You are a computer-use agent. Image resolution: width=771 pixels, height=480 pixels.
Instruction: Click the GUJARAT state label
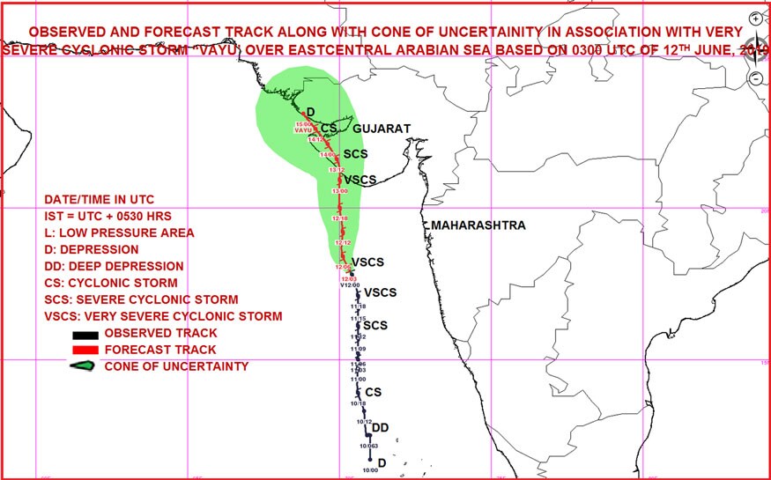pyautogui.click(x=382, y=129)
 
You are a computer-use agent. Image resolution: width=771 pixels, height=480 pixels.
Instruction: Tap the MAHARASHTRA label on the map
pyautogui.click(x=478, y=225)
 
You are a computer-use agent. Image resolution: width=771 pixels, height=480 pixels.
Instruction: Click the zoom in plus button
pyautogui.click(x=755, y=18)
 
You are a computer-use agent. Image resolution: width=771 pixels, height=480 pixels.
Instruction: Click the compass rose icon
pyautogui.click(x=755, y=48)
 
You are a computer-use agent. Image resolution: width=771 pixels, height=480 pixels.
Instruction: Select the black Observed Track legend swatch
pyautogui.click(x=85, y=334)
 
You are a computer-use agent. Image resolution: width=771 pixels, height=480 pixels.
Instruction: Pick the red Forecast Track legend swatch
pyautogui.click(x=85, y=351)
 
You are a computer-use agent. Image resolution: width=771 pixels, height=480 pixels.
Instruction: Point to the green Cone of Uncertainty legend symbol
pyautogui.click(x=85, y=366)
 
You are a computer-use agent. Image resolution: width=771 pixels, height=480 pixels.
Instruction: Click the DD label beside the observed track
pyautogui.click(x=381, y=428)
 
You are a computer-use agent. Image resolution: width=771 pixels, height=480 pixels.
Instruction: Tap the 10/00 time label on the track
pyautogui.click(x=369, y=470)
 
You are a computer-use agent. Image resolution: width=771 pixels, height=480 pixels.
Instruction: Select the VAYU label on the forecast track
pyautogui.click(x=304, y=130)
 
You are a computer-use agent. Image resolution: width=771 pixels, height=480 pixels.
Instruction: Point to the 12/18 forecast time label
pyautogui.click(x=340, y=218)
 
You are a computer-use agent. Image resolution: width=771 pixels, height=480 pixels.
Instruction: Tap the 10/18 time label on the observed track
pyautogui.click(x=358, y=402)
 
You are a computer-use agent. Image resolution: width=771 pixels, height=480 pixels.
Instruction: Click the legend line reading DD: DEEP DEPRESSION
pyautogui.click(x=115, y=266)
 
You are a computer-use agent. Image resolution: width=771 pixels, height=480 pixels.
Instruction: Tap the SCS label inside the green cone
pyautogui.click(x=355, y=154)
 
